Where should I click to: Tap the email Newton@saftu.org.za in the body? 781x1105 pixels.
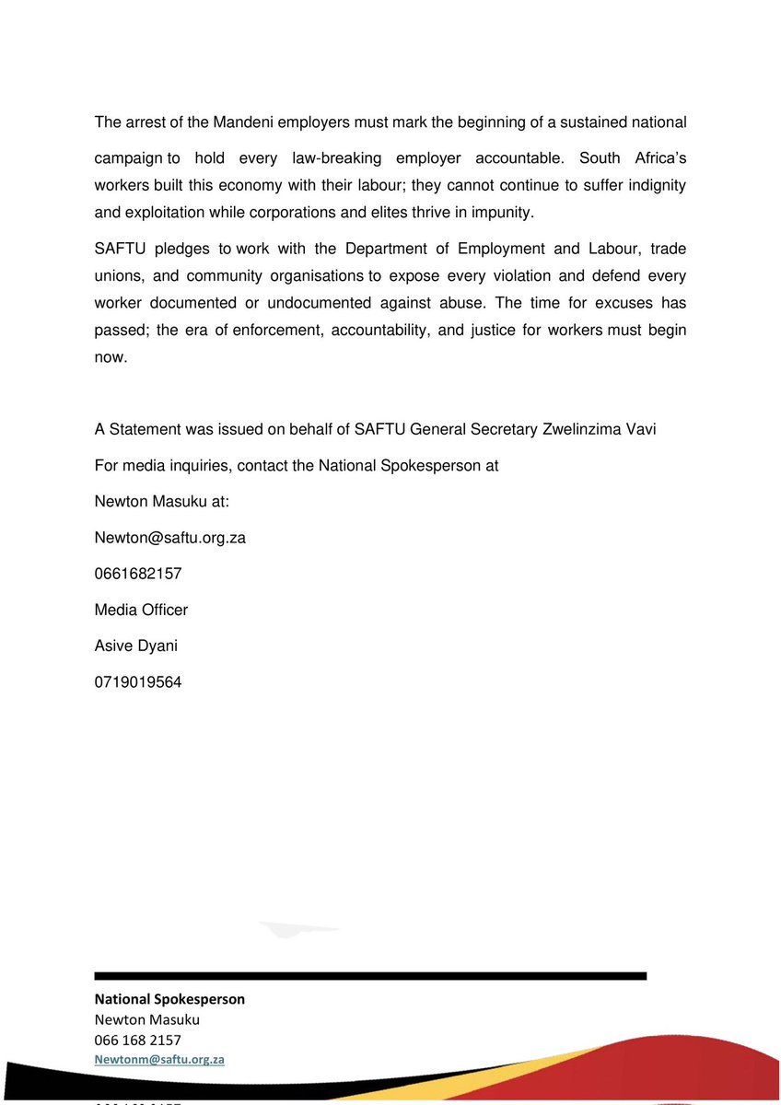pyautogui.click(x=169, y=538)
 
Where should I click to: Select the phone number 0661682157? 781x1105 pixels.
pyautogui.click(x=138, y=574)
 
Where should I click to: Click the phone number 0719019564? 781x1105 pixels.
pyautogui.click(x=138, y=682)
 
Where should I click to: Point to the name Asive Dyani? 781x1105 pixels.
pyautogui.click(x=136, y=646)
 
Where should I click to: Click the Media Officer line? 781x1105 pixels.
pyautogui.click(x=141, y=610)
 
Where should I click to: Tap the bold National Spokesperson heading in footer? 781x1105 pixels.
pyautogui.click(x=169, y=999)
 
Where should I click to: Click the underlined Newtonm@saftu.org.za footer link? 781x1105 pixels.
pyautogui.click(x=160, y=1060)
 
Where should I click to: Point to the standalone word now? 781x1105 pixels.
pyautogui.click(x=111, y=357)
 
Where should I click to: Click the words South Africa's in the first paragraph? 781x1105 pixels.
pyautogui.click(x=633, y=158)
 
